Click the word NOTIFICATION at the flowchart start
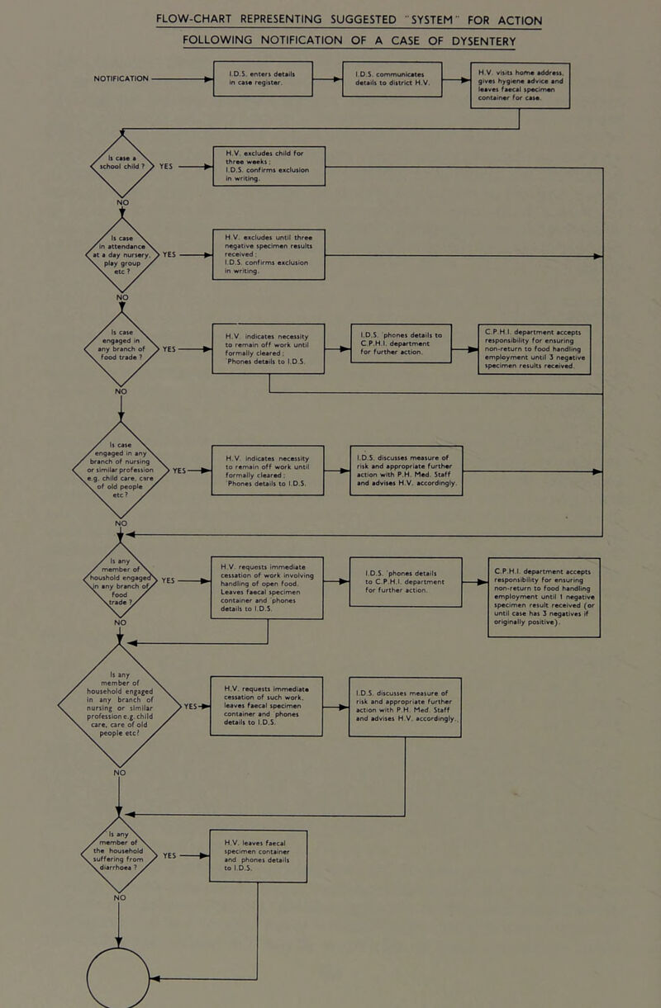click(x=109, y=79)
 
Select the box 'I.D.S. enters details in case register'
click(x=263, y=78)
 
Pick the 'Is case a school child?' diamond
click(x=121, y=163)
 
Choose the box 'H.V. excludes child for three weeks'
click(x=269, y=164)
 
